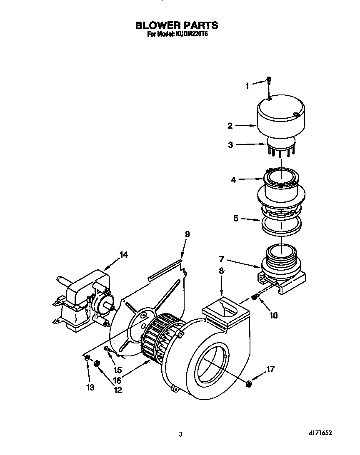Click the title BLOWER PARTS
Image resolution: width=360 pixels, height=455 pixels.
(x=177, y=26)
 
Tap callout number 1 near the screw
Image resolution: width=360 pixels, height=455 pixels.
(x=247, y=86)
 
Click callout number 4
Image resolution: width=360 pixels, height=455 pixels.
(x=234, y=180)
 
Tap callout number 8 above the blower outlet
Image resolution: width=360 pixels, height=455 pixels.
(x=221, y=271)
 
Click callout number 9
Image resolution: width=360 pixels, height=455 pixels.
(x=187, y=235)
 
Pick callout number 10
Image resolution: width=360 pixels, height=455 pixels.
(x=273, y=315)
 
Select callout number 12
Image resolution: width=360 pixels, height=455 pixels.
(x=118, y=390)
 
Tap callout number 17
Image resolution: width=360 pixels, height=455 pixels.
(x=270, y=369)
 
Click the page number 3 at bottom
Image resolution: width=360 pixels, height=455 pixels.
(x=180, y=434)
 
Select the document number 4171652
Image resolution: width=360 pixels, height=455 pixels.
(x=320, y=433)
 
